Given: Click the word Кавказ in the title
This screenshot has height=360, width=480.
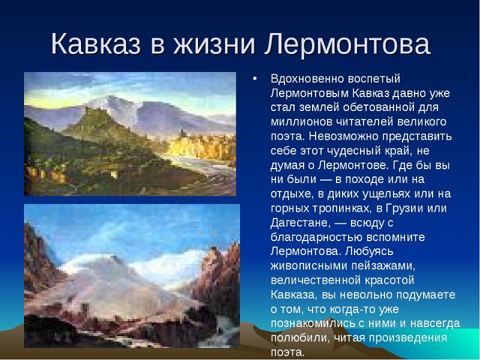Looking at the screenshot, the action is tap(96, 44).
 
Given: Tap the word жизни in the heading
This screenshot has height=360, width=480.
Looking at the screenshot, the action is tap(214, 44).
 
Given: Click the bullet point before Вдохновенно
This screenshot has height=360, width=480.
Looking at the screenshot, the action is tap(254, 79).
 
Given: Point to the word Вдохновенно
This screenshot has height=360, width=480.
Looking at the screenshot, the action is tap(307, 79).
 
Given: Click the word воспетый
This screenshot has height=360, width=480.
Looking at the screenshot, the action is tap(374, 79).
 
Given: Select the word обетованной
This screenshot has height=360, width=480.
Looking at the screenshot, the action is tap(379, 107).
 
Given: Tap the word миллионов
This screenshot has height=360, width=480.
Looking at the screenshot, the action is tap(302, 122).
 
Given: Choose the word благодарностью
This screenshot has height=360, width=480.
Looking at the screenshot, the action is tap(316, 238).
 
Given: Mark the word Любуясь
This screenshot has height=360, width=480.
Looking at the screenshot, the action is tap(369, 251).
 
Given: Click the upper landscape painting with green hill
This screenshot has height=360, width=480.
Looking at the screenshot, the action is tap(130, 134).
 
